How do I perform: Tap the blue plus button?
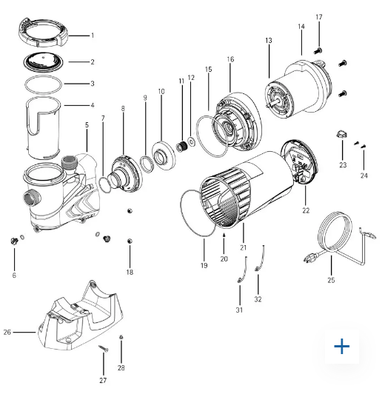(341, 346)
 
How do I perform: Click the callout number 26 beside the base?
(7, 332)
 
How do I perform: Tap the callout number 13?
(268, 40)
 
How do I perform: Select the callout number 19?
(204, 265)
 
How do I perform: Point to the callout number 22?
(306, 211)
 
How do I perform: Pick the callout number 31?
(239, 310)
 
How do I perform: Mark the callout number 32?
(258, 300)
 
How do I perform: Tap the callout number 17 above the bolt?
(319, 17)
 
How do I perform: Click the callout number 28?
(121, 367)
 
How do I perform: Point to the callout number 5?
(87, 125)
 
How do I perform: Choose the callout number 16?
(230, 59)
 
